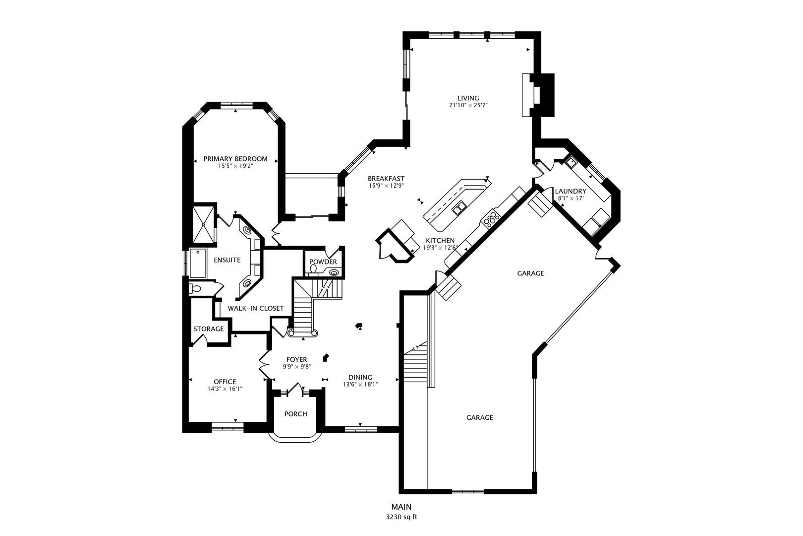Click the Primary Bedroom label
pos(235,159)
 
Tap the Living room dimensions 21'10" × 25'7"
pos(468,105)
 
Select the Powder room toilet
pos(313,269)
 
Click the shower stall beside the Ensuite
pos(204,224)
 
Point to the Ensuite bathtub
pos(198,263)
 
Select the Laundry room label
pos(571,191)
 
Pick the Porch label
pos(295,414)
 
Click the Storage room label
pos(208,329)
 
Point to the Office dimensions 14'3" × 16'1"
pos(225,389)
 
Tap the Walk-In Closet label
pos(256,308)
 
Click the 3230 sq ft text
pos(401,517)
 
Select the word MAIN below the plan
pos(401,507)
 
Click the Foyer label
pos(296,359)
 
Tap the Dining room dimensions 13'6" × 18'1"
pos(360,384)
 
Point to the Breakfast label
pos(386,179)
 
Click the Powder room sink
pos(334,271)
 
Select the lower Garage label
pos(479,417)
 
